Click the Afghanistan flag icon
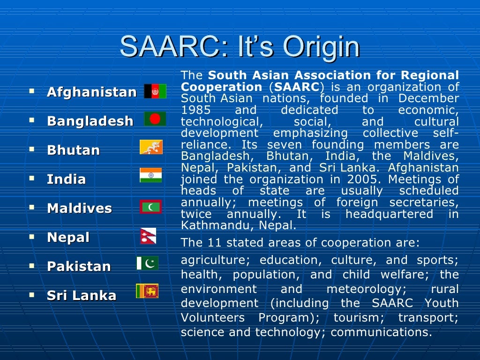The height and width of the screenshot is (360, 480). pyautogui.click(x=155, y=91)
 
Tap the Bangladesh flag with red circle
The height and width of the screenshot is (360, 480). pyautogui.click(x=155, y=119)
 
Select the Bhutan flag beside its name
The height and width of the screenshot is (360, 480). pyautogui.click(x=151, y=147)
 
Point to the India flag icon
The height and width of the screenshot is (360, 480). pyautogui.click(x=151, y=175)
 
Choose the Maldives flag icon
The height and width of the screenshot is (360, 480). pyautogui.click(x=151, y=206)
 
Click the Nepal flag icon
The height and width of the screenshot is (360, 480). pyautogui.click(x=148, y=236)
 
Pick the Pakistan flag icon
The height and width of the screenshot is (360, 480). pyautogui.click(x=148, y=263)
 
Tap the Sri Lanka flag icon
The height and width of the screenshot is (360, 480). pyautogui.click(x=147, y=291)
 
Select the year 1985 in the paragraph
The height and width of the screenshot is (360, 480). pyautogui.click(x=196, y=110)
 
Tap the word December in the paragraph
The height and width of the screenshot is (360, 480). pyautogui.click(x=428, y=99)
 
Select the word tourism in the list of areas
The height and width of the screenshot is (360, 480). pyautogui.click(x=352, y=318)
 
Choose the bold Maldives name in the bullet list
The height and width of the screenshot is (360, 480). pyautogui.click(x=79, y=208)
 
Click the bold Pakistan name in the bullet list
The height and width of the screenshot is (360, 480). pyautogui.click(x=79, y=266)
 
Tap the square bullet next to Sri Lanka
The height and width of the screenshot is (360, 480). pyautogui.click(x=31, y=295)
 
